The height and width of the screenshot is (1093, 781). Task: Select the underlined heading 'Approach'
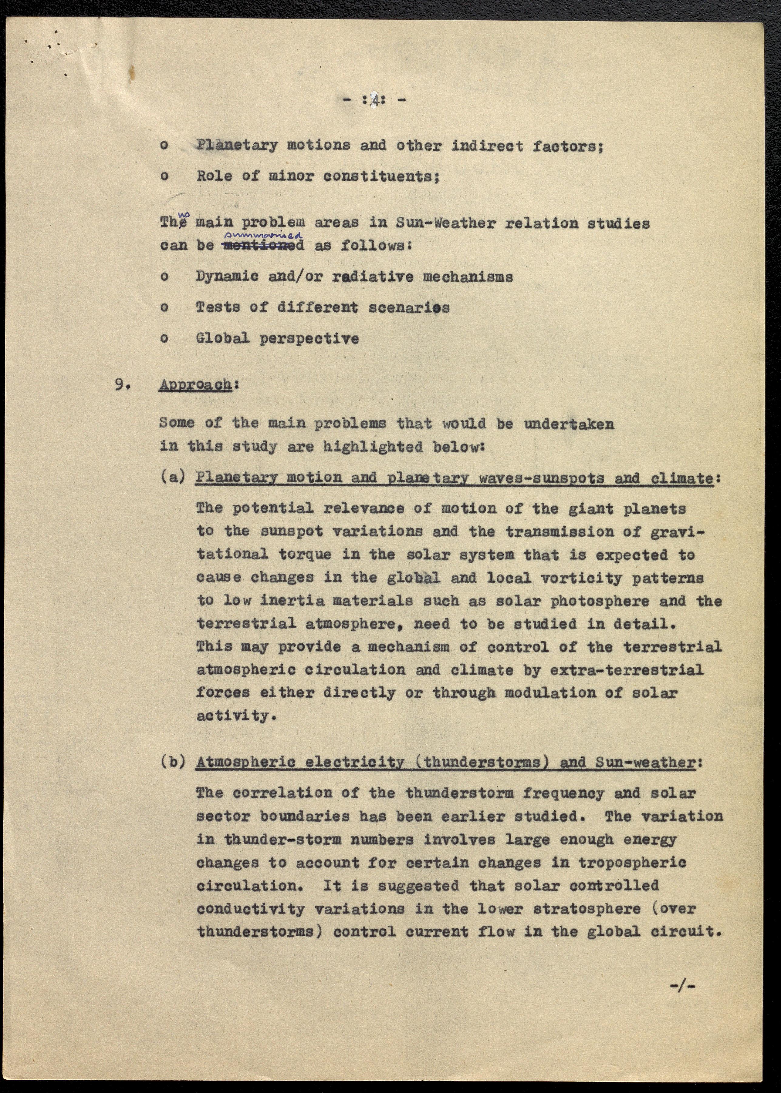click(195, 385)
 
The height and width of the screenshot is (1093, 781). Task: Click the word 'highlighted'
click(373, 447)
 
